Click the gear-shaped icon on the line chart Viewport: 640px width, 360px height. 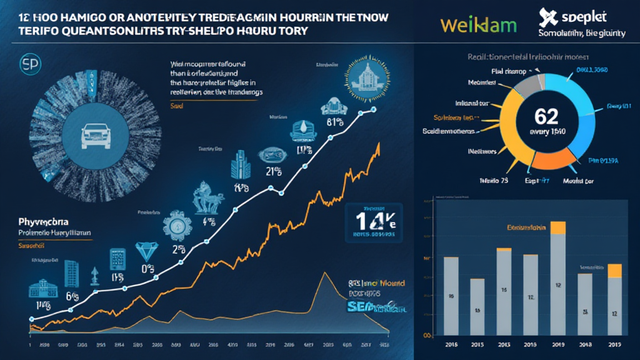point(172,225)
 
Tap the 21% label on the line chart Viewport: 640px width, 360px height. point(272,171)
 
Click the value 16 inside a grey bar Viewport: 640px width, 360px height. point(451,296)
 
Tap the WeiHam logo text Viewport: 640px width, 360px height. point(478,26)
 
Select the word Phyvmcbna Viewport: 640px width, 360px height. point(42,221)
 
